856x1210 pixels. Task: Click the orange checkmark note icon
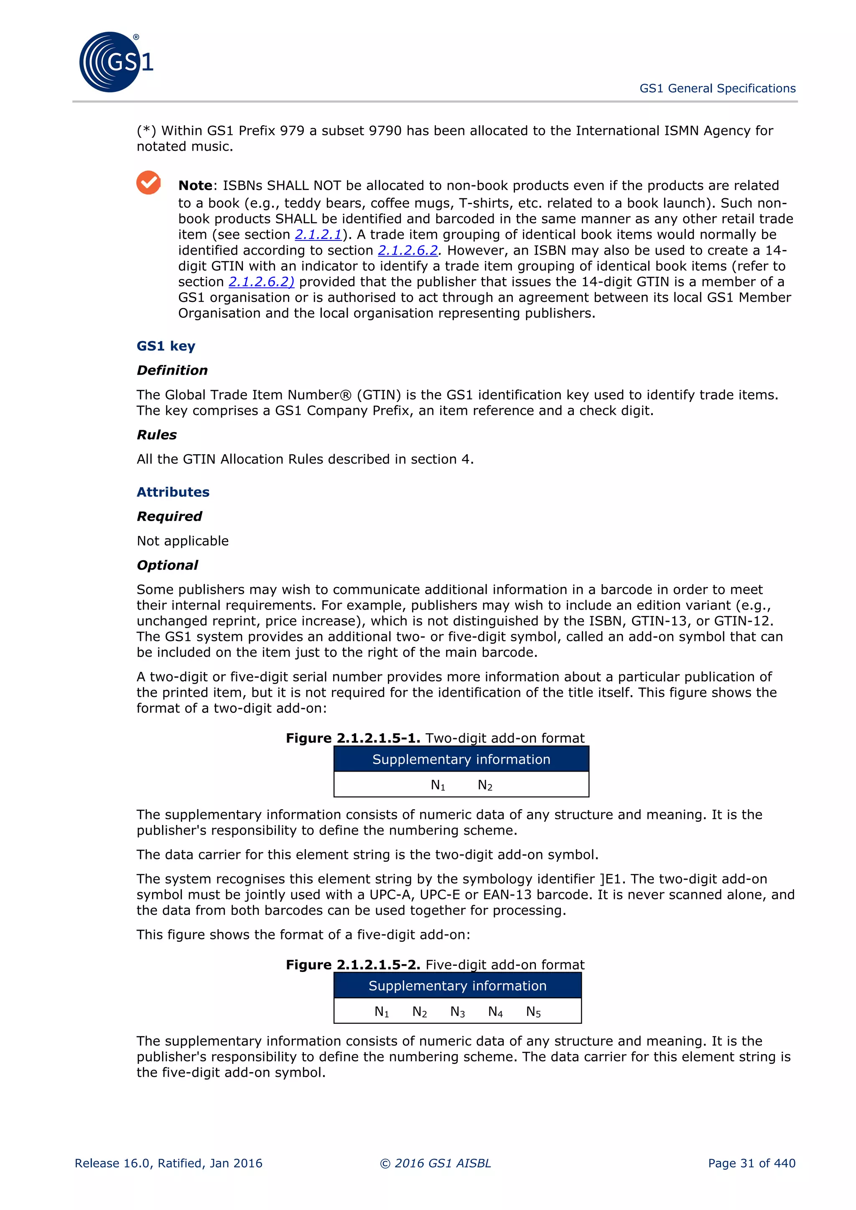click(x=149, y=183)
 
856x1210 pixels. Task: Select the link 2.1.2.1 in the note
click(x=318, y=235)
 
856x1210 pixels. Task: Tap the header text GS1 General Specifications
click(x=717, y=89)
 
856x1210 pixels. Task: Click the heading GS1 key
click(x=166, y=346)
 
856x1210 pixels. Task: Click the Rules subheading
click(x=157, y=435)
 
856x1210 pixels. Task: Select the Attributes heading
click(x=173, y=492)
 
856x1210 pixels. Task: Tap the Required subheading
click(x=169, y=516)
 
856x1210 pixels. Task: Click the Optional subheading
click(x=167, y=565)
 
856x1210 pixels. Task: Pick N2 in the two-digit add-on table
click(x=485, y=786)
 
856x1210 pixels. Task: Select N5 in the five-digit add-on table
click(x=533, y=1012)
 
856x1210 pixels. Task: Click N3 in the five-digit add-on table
click(x=457, y=1012)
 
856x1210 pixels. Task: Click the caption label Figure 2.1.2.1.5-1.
click(x=353, y=738)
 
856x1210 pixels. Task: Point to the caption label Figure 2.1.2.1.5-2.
click(x=353, y=965)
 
